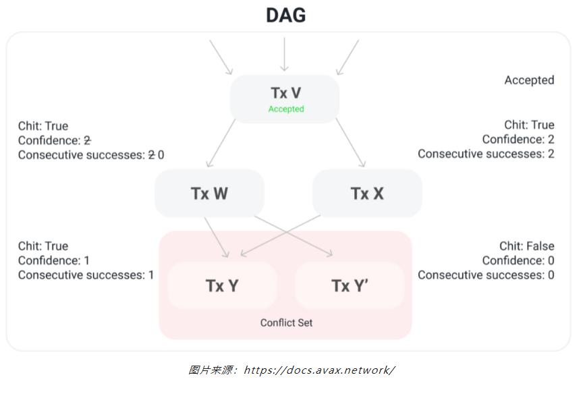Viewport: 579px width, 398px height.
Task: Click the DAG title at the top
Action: click(285, 16)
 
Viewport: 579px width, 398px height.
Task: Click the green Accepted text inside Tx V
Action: click(286, 109)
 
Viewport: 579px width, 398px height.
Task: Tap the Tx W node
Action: click(209, 194)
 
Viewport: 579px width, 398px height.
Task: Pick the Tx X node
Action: click(367, 194)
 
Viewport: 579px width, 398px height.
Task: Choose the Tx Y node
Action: click(222, 285)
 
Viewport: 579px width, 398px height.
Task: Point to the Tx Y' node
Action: click(350, 285)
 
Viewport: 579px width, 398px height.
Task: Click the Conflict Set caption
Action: click(286, 322)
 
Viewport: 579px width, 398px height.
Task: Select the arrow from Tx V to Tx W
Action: click(221, 143)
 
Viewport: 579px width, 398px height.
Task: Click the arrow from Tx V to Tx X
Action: click(350, 143)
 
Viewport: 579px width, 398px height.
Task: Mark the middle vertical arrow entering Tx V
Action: click(284, 54)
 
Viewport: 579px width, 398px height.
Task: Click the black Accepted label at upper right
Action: click(529, 80)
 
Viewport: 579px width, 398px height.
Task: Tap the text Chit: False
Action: click(526, 246)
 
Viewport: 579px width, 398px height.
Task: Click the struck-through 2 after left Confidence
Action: click(87, 140)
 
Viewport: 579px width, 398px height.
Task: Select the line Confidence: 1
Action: click(54, 260)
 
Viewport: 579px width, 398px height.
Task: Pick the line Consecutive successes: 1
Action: click(86, 275)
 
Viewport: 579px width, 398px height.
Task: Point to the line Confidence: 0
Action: click(518, 260)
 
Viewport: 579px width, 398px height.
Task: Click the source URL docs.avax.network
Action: click(319, 370)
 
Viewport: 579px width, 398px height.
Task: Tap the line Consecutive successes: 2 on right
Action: click(486, 154)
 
